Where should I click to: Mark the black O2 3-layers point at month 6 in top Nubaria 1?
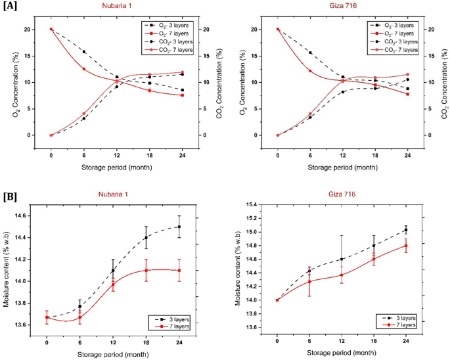click(x=83, y=51)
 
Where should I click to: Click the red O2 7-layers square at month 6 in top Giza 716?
click(x=310, y=71)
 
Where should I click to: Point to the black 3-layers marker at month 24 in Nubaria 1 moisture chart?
click(x=179, y=227)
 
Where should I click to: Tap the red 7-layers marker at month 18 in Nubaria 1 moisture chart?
click(x=146, y=270)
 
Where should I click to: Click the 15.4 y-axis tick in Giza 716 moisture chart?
click(x=250, y=204)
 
